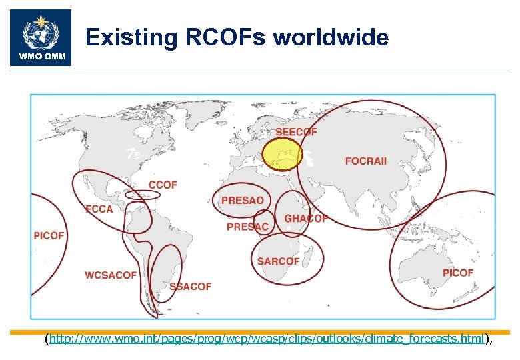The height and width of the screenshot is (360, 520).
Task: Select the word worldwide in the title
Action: (331, 37)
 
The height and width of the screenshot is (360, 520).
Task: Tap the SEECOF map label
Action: (296, 132)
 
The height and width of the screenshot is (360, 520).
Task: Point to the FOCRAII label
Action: (365, 161)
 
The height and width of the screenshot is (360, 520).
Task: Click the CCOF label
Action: (163, 185)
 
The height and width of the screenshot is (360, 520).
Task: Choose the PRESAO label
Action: (243, 200)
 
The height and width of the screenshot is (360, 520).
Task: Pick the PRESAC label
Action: (247, 227)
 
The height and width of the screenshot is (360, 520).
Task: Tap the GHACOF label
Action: (306, 219)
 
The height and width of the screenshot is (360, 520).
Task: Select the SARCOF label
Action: (279, 261)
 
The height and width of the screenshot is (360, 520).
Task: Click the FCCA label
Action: (99, 209)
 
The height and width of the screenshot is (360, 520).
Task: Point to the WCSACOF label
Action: (111, 275)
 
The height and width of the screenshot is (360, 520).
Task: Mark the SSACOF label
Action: (190, 286)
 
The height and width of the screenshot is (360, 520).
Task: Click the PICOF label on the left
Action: (49, 235)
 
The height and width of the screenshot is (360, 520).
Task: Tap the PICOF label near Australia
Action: (458, 273)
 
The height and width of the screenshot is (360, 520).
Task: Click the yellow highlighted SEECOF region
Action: (281, 155)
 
